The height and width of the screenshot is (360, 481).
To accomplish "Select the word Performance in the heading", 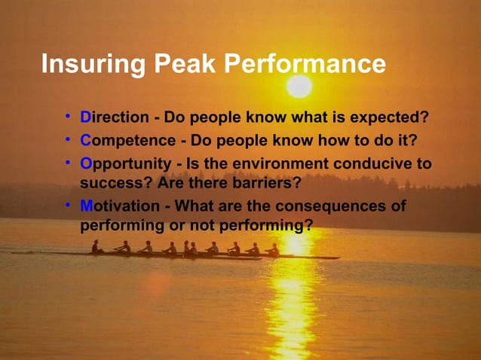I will (305, 65).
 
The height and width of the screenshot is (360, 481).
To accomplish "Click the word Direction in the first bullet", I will (115, 118).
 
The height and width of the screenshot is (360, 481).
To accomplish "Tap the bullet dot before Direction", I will (68, 117).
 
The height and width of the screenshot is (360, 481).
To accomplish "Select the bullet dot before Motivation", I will (68, 205).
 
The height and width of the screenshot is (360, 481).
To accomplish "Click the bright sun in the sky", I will (299, 86).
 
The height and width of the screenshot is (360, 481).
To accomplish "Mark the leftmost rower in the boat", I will (96, 246).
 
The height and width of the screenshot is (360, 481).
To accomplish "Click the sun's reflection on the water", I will (290, 301).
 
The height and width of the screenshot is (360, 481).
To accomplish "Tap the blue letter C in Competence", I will (85, 141).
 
